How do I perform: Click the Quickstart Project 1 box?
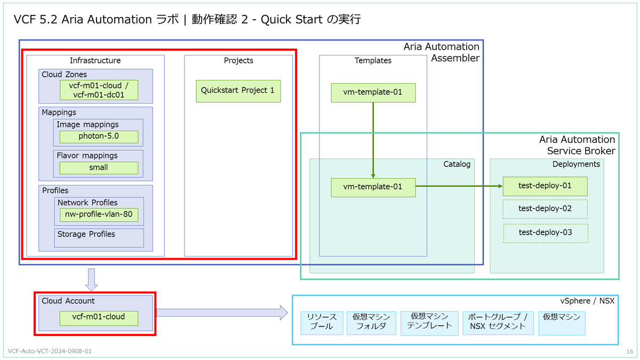(238, 91)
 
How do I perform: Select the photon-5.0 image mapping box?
(99, 137)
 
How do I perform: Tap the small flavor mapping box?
(99, 168)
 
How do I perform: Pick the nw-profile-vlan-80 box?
(99, 215)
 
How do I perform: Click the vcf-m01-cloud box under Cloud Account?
(99, 318)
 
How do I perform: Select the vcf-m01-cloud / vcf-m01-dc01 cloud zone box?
(99, 90)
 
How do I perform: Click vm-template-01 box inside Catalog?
(373, 188)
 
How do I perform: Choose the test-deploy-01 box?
(545, 186)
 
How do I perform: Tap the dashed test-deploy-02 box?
(545, 209)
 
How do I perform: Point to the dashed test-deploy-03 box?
(546, 234)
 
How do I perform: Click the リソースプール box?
(322, 323)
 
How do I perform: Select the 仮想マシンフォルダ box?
(371, 323)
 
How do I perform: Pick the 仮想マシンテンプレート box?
(430, 323)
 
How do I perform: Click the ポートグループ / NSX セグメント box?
(498, 323)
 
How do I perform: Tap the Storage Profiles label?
(86, 234)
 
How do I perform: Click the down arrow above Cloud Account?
(91, 280)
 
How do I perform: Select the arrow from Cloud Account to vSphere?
(222, 313)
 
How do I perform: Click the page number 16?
(630, 351)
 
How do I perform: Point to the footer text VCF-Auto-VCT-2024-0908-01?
(50, 351)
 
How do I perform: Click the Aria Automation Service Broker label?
(577, 145)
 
